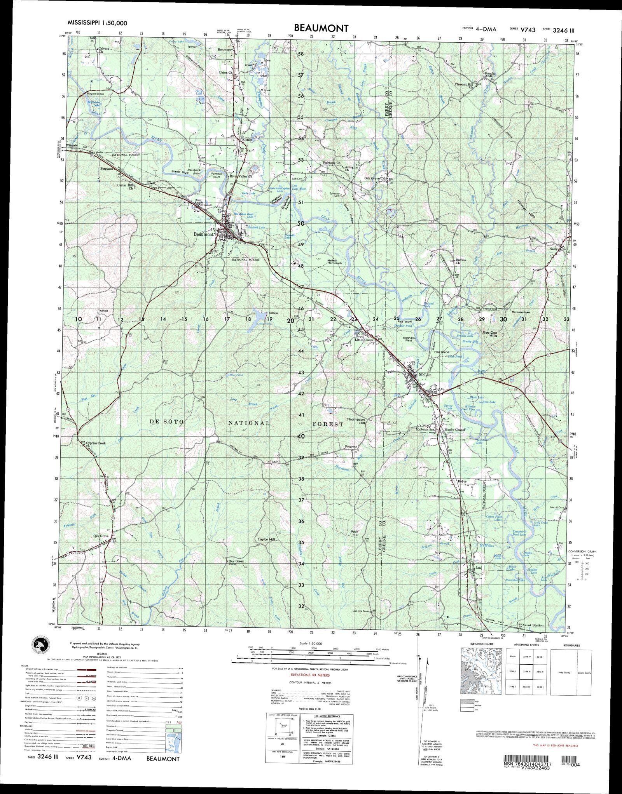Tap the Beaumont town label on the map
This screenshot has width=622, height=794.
tap(204, 234)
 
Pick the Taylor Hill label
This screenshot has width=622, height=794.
tap(266, 539)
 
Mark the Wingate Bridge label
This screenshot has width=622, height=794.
tap(90, 94)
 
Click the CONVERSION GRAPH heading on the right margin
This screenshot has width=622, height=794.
tap(582, 552)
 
